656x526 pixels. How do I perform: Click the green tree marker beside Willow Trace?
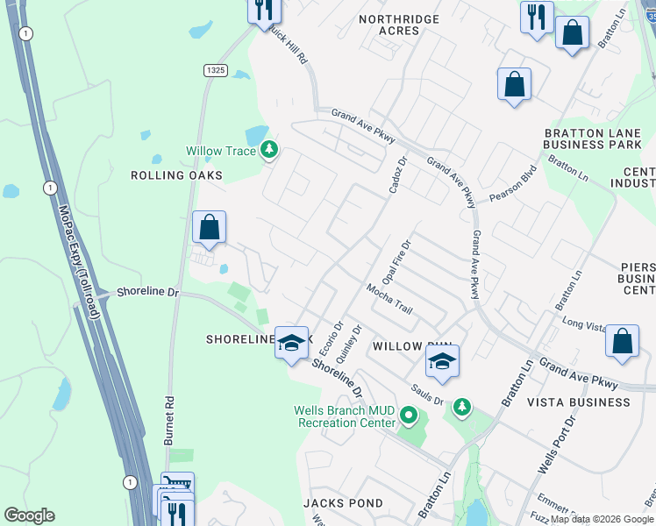click(x=269, y=151)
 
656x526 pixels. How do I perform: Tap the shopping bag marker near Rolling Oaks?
click(x=210, y=229)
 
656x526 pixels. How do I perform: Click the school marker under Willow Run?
click(x=443, y=362)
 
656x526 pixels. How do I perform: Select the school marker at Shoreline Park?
click(x=291, y=342)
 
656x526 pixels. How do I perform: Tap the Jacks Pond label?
click(x=343, y=503)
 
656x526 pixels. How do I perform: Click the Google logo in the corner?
click(x=29, y=515)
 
